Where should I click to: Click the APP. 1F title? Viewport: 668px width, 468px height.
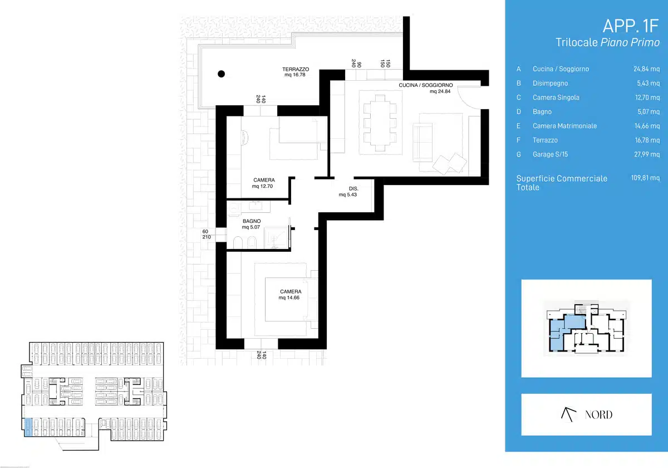click(x=630, y=26)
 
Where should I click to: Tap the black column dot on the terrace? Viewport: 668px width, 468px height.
click(x=222, y=74)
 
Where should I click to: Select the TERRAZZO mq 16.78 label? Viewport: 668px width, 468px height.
click(x=296, y=72)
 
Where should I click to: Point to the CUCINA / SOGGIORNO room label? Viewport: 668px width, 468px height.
click(x=425, y=88)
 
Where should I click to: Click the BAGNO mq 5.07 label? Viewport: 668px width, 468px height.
click(x=252, y=224)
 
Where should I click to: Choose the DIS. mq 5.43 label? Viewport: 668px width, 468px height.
click(x=348, y=192)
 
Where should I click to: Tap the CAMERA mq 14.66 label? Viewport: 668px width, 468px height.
click(x=289, y=294)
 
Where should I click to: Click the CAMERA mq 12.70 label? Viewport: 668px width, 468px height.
click(x=263, y=183)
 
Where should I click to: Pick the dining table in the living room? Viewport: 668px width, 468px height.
click(x=380, y=123)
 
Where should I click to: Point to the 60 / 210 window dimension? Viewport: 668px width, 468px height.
click(x=207, y=234)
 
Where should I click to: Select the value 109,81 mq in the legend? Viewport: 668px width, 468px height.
click(x=645, y=178)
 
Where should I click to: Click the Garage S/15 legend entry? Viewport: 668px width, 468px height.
click(x=550, y=154)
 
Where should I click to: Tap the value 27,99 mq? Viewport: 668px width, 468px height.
click(x=647, y=154)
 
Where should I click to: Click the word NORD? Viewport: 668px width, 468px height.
click(x=598, y=415)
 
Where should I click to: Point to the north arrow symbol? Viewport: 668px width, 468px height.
click(x=568, y=415)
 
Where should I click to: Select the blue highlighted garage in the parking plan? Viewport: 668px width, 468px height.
click(x=28, y=427)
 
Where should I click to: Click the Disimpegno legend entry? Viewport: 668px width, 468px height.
click(x=550, y=83)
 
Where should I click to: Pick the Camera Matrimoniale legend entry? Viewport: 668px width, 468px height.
click(x=564, y=126)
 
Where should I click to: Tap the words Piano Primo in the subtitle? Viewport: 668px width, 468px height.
click(x=630, y=42)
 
